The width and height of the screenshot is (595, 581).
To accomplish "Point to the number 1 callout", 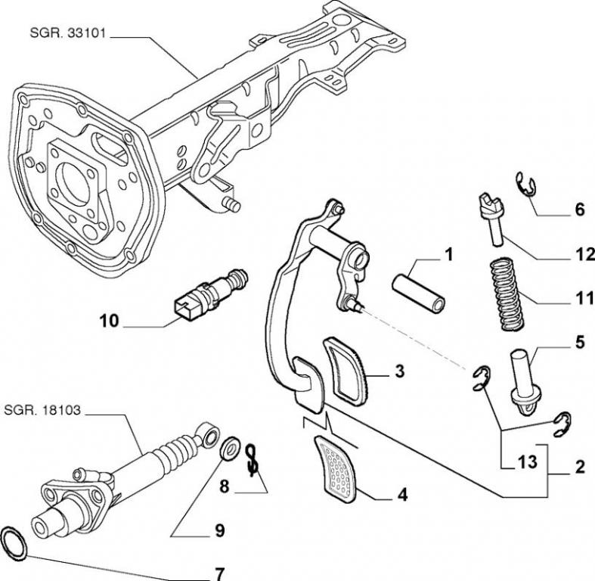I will [448, 255].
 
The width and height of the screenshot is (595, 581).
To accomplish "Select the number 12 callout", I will [580, 255].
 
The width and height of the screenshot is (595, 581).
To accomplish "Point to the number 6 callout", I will [580, 210].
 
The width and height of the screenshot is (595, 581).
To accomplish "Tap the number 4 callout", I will [403, 496].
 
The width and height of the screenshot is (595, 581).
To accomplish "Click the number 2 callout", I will [580, 466].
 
